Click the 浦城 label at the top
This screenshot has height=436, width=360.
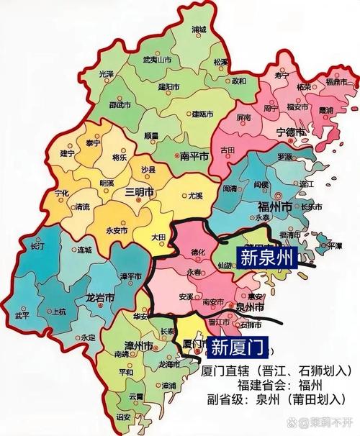tap(199, 30)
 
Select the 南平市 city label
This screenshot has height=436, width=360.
tap(194, 155)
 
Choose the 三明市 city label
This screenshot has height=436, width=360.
tap(139, 193)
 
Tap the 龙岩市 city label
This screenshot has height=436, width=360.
tap(99, 296)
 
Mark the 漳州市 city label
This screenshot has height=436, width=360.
tap(137, 346)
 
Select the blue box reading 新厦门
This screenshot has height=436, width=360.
tap(239, 347)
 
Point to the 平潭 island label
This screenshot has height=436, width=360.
tap(335, 245)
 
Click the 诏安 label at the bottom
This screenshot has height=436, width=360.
tap(123, 417)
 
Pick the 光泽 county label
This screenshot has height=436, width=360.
tap(107, 74)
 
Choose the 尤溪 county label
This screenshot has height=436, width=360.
tap(196, 195)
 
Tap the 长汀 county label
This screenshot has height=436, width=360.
tap(37, 246)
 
